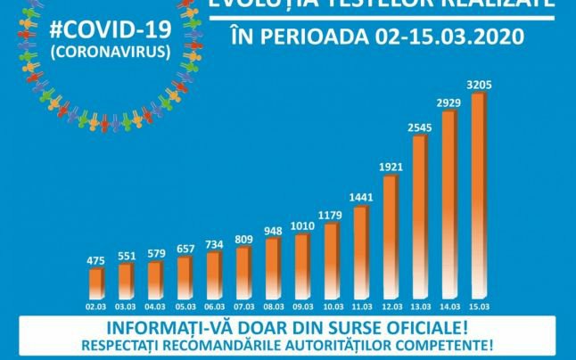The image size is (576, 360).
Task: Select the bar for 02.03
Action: point(95,282)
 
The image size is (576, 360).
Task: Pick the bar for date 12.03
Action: point(389,236)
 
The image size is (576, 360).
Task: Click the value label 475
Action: point(95,260)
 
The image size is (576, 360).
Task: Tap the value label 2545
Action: point(418,127)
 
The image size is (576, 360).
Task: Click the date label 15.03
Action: point(478,305)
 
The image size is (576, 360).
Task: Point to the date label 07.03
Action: point(243,305)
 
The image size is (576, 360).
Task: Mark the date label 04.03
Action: point(154,305)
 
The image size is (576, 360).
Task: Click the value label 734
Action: point(213,244)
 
